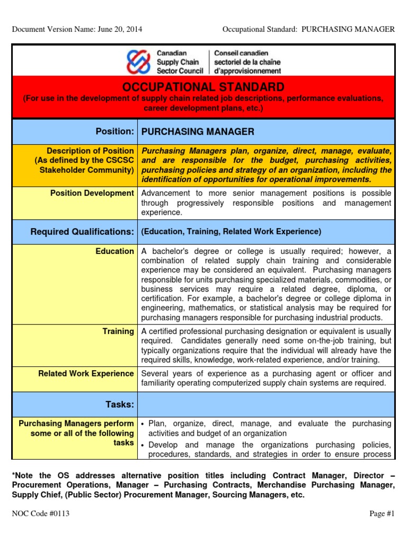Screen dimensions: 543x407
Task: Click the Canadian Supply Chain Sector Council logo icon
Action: click(138, 62)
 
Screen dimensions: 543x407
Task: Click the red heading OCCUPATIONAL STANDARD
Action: click(203, 87)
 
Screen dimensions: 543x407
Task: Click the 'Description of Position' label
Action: click(90, 151)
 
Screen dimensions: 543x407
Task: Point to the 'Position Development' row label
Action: click(92, 193)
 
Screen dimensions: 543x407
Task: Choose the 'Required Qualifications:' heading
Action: click(82, 231)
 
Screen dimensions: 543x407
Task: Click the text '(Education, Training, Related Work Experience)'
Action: click(231, 232)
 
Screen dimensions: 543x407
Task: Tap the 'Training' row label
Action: click(118, 331)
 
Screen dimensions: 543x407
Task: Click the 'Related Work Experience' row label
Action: click(86, 374)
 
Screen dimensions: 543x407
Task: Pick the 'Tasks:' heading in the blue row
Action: click(120, 404)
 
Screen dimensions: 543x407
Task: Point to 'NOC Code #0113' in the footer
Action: click(41, 513)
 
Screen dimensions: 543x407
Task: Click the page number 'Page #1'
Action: click(382, 513)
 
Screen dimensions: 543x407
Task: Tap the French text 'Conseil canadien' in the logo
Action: click(241, 53)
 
